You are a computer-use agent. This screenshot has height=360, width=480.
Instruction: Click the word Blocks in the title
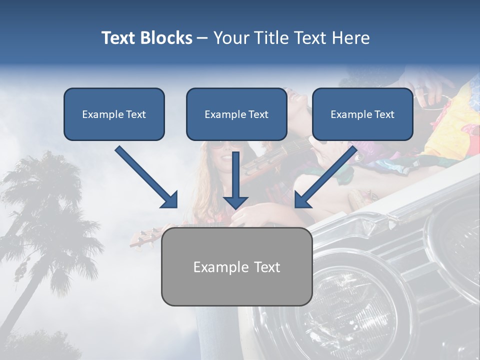tap(166, 38)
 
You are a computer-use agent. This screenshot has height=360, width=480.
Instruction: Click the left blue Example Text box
tap(114, 114)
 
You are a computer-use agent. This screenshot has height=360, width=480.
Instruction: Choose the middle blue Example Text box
tap(236, 114)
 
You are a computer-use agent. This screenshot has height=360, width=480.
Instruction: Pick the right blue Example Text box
tap(362, 114)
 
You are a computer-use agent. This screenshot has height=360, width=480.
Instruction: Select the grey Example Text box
tap(236, 266)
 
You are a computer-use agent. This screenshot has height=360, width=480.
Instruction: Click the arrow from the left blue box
tap(145, 176)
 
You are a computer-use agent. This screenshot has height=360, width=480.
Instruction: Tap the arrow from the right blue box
tap(327, 176)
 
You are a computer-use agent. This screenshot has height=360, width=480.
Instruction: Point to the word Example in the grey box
tap(214, 266)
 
